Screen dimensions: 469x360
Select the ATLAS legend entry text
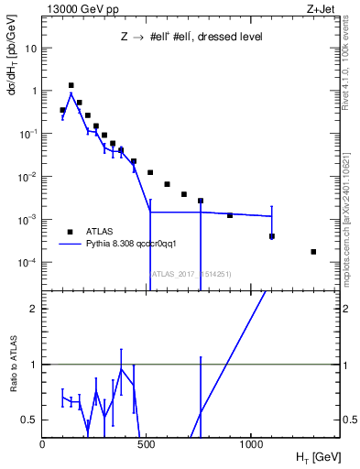click(99, 232)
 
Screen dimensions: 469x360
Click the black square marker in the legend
click(69, 232)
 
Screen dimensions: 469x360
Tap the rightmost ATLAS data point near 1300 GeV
click(313, 251)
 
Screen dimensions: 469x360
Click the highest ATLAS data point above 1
click(71, 85)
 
